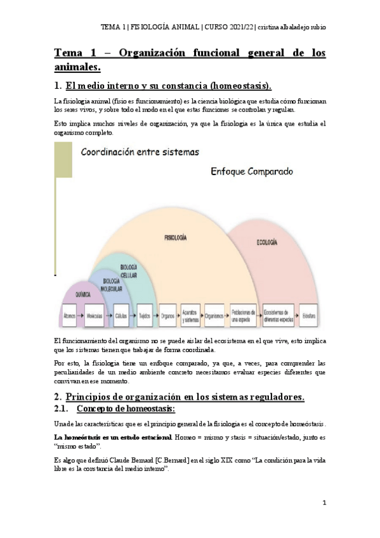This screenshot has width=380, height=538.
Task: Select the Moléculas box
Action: (95, 315)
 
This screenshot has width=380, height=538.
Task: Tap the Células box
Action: (121, 315)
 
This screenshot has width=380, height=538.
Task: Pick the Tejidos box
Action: (144, 315)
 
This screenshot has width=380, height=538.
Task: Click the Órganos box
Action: (167, 315)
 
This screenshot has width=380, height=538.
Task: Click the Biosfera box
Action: (309, 315)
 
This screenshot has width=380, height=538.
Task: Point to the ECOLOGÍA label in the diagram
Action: (266, 242)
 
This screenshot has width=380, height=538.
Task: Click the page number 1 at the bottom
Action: (324, 502)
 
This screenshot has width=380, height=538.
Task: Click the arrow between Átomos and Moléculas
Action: (82, 315)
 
